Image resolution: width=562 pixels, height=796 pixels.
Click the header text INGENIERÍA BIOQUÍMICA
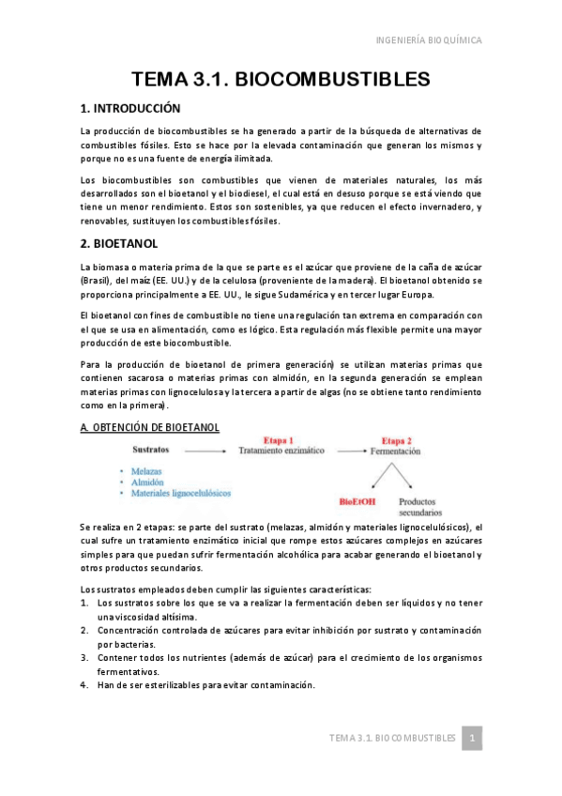point(428,40)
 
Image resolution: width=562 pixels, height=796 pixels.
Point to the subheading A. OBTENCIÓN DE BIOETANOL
point(150,427)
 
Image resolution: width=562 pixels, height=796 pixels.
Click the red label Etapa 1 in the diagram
point(279,439)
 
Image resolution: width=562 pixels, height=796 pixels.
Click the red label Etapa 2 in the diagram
point(395,439)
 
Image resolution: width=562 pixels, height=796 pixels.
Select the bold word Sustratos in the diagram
point(151,451)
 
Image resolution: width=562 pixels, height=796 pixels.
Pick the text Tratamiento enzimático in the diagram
point(281,451)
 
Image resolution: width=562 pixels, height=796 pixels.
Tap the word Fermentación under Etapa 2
point(395,452)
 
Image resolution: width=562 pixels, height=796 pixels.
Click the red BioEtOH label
point(357,502)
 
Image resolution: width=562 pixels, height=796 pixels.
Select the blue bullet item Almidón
point(146,482)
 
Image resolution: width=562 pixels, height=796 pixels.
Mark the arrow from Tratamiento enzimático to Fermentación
point(348,452)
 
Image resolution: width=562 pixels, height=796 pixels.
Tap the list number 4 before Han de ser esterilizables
point(84,684)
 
